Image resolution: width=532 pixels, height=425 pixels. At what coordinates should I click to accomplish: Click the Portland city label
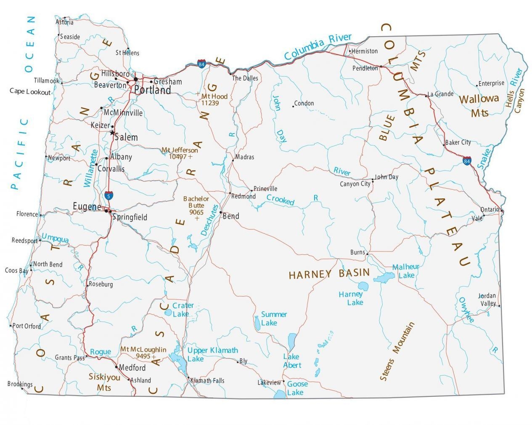(152, 90)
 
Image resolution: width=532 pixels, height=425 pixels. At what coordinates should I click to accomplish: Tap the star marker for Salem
(112, 133)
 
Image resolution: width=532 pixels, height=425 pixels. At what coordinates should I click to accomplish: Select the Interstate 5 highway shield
(108, 195)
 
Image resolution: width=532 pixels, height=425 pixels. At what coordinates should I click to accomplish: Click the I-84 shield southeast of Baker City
(467, 160)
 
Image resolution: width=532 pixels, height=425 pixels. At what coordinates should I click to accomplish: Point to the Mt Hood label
(214, 96)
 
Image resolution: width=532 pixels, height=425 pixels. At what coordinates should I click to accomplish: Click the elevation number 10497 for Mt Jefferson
(177, 157)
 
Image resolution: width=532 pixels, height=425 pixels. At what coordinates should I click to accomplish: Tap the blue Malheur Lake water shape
(384, 278)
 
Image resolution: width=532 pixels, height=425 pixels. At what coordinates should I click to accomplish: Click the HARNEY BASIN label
(329, 274)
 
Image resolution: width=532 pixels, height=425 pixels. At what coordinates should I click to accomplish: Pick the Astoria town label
(64, 22)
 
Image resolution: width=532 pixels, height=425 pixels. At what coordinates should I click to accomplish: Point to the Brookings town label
(20, 384)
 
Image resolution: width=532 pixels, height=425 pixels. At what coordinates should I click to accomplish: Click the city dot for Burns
(367, 254)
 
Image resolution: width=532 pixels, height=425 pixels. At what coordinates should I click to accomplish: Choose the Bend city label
(231, 216)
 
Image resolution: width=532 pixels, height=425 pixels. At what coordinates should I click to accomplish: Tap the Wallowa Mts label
(479, 105)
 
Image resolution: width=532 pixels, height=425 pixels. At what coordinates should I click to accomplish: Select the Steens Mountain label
(397, 352)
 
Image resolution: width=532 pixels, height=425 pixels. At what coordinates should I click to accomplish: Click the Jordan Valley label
(487, 299)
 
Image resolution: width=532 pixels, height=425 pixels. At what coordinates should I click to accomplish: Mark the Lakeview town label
(269, 382)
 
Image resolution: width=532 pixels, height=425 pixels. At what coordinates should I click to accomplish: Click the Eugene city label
(87, 206)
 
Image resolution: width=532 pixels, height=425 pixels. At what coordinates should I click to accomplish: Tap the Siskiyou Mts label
(104, 382)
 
